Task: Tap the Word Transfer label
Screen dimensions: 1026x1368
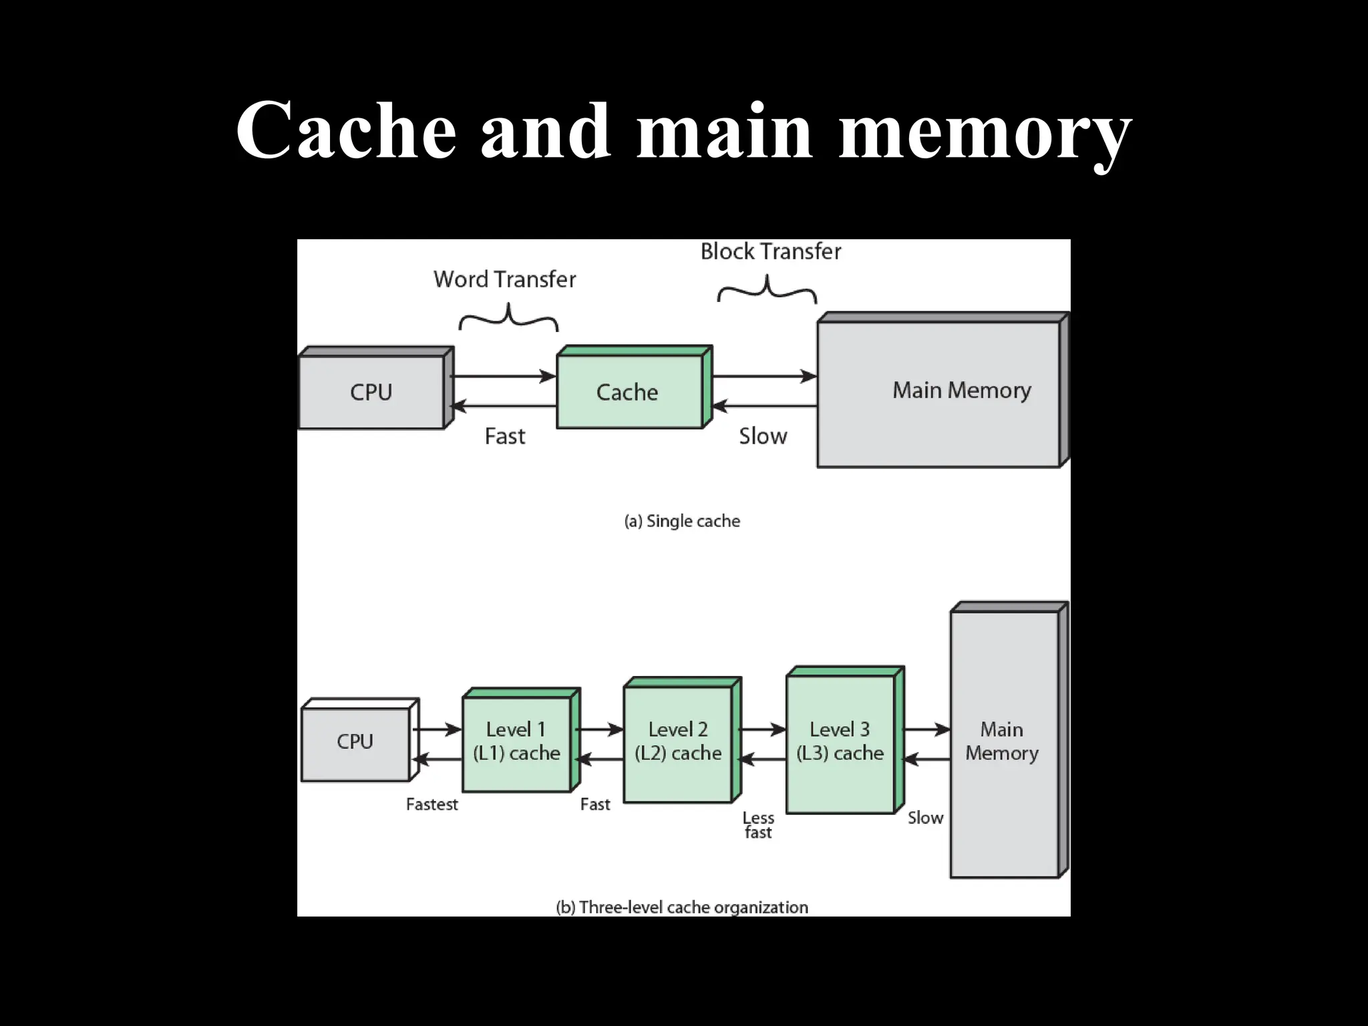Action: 504,279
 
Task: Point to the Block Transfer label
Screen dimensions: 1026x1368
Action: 770,252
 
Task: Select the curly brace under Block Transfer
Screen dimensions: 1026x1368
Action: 767,291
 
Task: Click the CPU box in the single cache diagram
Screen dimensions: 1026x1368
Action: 371,392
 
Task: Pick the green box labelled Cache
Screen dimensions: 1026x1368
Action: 629,392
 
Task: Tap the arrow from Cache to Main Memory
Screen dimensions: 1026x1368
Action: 764,376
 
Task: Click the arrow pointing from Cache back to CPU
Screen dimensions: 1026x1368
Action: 504,406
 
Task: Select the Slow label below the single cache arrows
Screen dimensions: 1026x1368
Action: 763,436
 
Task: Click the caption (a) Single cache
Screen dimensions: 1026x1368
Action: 682,521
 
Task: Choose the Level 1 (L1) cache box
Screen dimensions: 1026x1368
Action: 516,742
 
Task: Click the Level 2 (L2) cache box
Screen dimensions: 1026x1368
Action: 678,742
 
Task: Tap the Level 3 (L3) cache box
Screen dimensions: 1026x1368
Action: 840,742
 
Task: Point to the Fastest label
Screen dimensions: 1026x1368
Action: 432,804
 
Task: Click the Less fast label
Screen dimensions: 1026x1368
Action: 758,825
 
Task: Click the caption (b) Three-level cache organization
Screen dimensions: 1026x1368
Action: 682,907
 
